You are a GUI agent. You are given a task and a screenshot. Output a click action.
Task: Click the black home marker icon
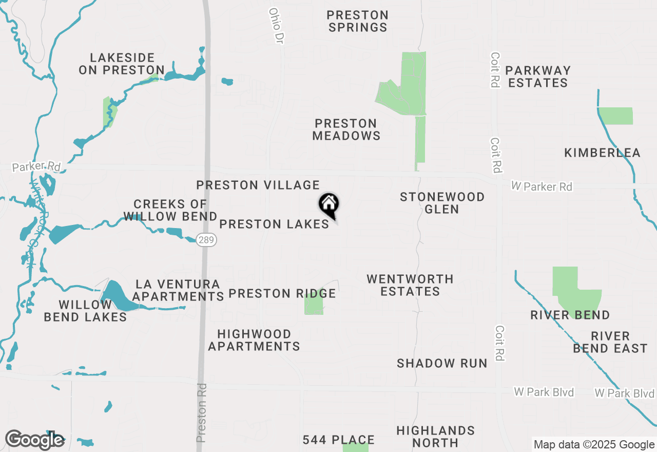pyautogui.click(x=328, y=205)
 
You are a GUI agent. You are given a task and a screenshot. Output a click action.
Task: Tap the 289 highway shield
pyautogui.click(x=206, y=240)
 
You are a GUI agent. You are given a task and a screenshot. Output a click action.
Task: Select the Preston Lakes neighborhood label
pyautogui.click(x=274, y=224)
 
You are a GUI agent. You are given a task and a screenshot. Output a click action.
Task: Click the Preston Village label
pyautogui.click(x=258, y=185)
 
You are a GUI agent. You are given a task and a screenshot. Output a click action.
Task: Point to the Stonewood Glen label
pyautogui.click(x=442, y=203)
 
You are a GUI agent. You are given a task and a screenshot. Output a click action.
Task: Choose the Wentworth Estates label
pyautogui.click(x=410, y=285)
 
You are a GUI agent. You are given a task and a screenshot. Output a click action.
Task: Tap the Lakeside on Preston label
pyautogui.click(x=122, y=64)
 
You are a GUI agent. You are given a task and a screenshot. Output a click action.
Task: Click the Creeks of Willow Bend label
pyautogui.click(x=170, y=210)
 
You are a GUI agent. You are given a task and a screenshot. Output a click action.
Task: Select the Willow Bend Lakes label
pyautogui.click(x=85, y=311)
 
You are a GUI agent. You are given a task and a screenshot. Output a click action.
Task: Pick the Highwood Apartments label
pyautogui.click(x=254, y=340)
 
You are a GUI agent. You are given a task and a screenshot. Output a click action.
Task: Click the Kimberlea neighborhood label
pyautogui.click(x=602, y=153)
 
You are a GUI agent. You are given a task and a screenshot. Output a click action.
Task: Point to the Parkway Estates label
pyautogui.click(x=537, y=77)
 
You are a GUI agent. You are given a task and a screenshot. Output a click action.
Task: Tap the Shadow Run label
pyautogui.click(x=442, y=363)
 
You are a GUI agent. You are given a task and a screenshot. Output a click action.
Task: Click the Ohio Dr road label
pyautogui.click(x=276, y=25)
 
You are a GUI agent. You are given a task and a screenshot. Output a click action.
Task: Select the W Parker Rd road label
pyautogui.click(x=542, y=186)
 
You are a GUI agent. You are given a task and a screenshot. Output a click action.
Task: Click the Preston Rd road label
pyautogui.click(x=202, y=412)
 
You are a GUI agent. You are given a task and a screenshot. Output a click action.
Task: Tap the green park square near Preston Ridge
pyautogui.click(x=314, y=303)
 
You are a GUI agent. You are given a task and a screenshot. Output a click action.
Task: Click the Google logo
pyautogui.click(x=34, y=440)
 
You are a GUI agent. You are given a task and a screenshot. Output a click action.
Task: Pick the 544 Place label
pyautogui.click(x=338, y=440)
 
